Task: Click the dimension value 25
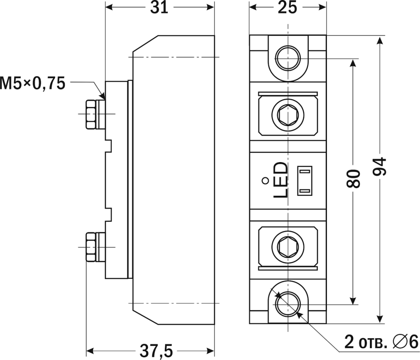[287, 8]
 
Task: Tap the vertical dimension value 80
[354, 179]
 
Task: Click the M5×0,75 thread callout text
[33, 83]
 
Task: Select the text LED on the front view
[281, 180]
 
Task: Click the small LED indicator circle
[265, 180]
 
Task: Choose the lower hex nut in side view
[91, 247]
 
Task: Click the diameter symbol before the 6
[398, 342]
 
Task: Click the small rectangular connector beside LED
[305, 181]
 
